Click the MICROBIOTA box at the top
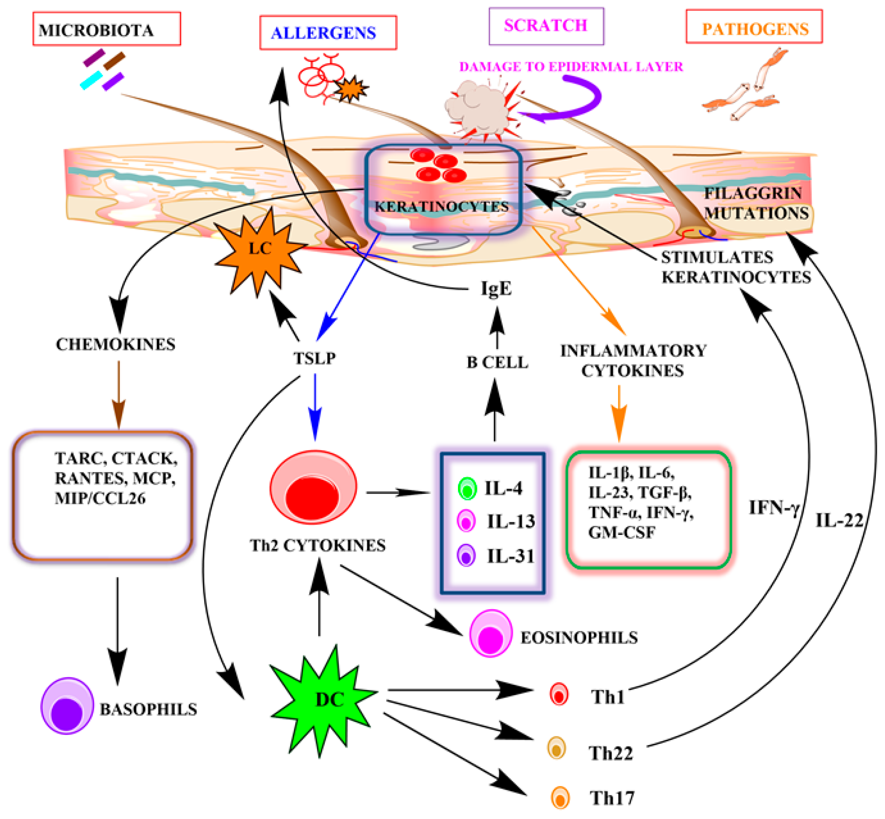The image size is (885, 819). [x=106, y=29]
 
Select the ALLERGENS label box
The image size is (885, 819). [x=328, y=33]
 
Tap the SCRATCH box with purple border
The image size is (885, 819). [x=546, y=26]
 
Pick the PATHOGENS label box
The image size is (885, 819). [x=754, y=27]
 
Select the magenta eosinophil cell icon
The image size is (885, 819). [x=490, y=633]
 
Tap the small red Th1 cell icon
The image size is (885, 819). [x=559, y=694]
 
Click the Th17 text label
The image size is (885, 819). [x=612, y=798]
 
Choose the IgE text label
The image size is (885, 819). [x=496, y=289]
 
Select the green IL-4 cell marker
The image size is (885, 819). [x=467, y=489]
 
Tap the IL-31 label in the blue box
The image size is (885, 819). [x=511, y=556]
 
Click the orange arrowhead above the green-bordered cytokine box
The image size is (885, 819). [x=619, y=428]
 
